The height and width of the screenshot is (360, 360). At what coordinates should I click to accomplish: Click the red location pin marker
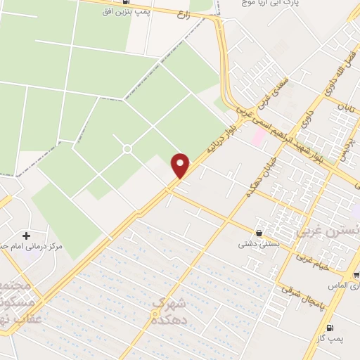(181, 166)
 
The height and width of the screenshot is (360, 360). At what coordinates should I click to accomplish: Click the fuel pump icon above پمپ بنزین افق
(126, 1)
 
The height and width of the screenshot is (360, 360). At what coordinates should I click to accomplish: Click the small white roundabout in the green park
(127, 148)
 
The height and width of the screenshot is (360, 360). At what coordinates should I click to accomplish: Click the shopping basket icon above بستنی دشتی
(259, 233)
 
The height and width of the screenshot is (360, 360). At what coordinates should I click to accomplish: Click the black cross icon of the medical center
(26, 236)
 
